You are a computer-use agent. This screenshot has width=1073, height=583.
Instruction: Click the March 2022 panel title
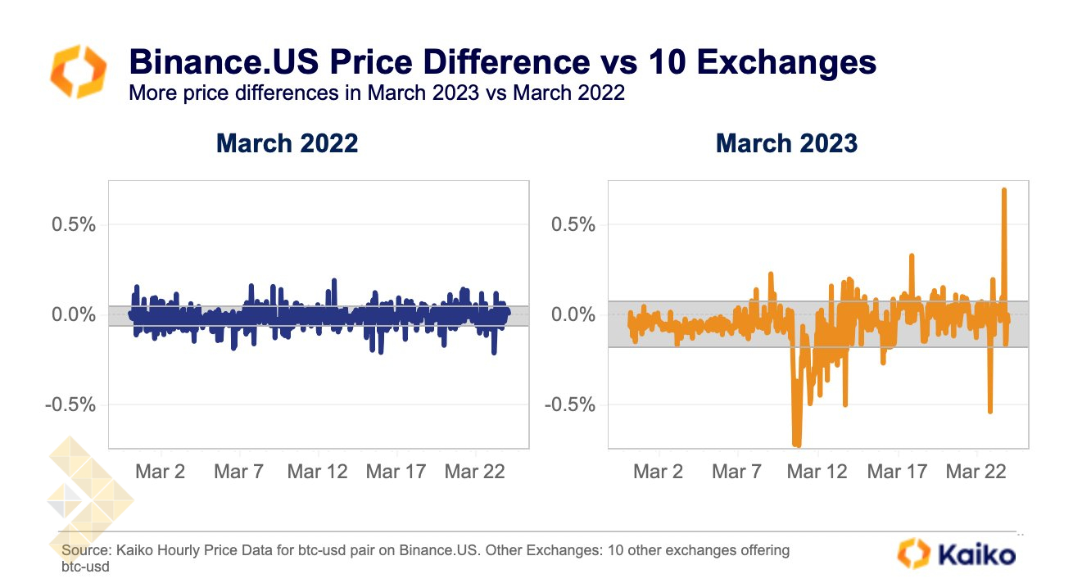(x=287, y=143)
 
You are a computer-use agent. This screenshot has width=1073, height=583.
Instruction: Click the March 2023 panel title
(x=786, y=143)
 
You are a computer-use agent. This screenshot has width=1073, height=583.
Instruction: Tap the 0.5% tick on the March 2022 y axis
(x=74, y=224)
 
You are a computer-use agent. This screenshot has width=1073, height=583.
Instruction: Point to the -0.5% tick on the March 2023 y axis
(x=570, y=404)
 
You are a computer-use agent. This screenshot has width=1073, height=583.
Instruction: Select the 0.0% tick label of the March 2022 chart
(x=74, y=314)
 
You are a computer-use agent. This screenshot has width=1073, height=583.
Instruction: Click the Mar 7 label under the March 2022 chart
(x=238, y=472)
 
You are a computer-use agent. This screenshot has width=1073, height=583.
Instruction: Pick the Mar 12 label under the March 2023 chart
(x=817, y=472)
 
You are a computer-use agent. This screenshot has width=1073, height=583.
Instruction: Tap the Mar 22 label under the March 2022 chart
(x=475, y=472)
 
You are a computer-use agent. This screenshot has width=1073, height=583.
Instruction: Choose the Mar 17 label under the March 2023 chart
(x=897, y=472)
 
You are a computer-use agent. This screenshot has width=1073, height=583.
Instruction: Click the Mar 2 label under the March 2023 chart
(x=659, y=472)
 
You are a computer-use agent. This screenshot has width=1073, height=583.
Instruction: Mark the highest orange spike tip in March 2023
(x=1004, y=190)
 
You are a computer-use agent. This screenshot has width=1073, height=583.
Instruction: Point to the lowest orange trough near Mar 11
(x=797, y=445)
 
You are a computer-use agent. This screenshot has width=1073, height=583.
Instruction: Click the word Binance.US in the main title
(x=224, y=61)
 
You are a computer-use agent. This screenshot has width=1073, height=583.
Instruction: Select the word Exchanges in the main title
(x=786, y=61)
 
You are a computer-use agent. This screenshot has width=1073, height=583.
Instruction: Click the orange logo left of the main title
(x=79, y=71)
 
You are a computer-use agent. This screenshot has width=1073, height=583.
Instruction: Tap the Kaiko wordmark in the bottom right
(x=976, y=554)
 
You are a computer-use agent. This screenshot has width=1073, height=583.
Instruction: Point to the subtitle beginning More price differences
(x=377, y=93)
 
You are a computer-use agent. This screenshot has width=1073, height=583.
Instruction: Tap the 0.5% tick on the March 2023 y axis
(x=573, y=224)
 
